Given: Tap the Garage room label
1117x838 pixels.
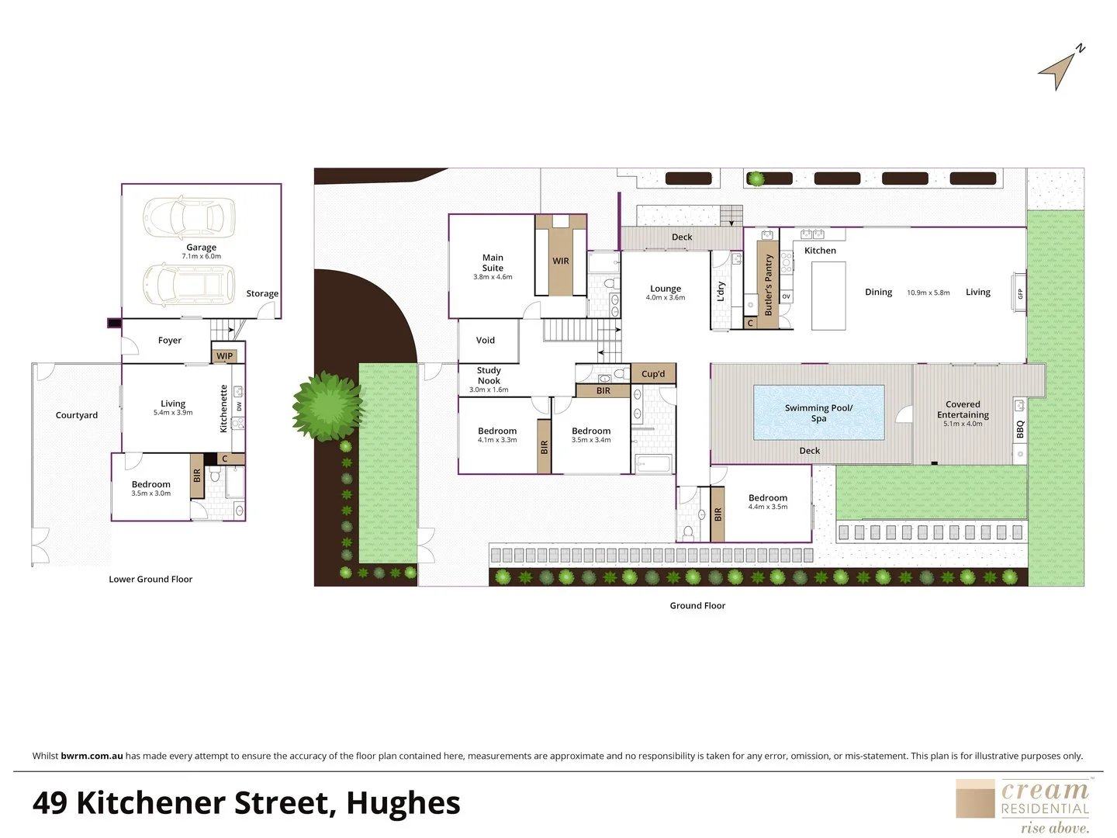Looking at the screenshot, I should click(x=201, y=248).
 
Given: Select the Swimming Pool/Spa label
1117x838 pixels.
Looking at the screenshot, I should click(x=818, y=413).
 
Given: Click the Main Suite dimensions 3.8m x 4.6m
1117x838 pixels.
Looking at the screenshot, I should click(x=493, y=277).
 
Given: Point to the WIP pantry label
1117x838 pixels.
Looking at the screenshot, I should click(x=224, y=356).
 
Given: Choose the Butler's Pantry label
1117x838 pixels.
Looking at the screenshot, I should click(x=768, y=285).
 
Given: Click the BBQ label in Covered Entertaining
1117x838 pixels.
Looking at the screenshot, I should click(x=1020, y=429).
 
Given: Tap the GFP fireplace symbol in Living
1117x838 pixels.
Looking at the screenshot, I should click(x=1019, y=293).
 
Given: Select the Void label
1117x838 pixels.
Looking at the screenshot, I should click(x=486, y=340).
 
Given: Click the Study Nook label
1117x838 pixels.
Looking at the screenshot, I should click(x=489, y=376).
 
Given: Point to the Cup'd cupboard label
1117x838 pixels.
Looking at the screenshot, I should click(x=653, y=374).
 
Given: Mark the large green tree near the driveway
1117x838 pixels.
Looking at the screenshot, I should click(x=328, y=406).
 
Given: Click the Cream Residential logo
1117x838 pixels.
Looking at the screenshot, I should click(x=1023, y=805).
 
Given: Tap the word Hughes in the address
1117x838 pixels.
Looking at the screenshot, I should click(x=403, y=803).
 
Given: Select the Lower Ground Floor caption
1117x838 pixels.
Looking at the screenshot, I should click(x=150, y=579).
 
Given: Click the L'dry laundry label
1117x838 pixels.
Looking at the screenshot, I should click(x=721, y=292).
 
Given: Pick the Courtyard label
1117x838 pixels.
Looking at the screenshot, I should click(x=77, y=415).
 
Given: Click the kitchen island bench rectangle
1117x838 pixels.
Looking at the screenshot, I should click(x=828, y=296).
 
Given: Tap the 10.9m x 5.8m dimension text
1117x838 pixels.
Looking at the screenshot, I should click(x=928, y=293).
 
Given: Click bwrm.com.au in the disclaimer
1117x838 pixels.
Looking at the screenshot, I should click(x=92, y=756).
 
